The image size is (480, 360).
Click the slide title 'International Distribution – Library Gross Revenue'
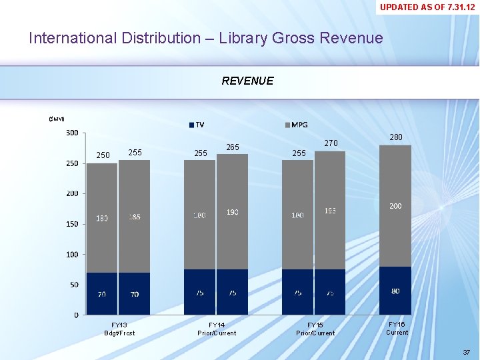(x=205, y=38)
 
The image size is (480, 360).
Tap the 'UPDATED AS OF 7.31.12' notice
(x=427, y=7)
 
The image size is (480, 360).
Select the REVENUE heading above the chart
(x=247, y=81)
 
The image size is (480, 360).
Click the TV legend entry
(x=197, y=125)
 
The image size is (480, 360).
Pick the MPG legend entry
(x=296, y=125)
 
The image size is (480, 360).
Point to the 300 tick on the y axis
(x=71, y=133)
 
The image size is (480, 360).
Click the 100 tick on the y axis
(x=71, y=254)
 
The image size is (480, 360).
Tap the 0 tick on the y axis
(x=75, y=315)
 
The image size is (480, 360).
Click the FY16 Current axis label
(x=397, y=328)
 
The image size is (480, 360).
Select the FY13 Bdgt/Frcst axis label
(x=119, y=329)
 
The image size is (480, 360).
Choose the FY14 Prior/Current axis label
(x=217, y=329)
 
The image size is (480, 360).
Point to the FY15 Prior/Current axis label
(x=315, y=329)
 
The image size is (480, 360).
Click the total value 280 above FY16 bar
(x=396, y=137)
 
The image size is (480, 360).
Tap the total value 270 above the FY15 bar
(x=331, y=143)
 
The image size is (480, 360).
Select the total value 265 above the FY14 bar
(x=233, y=147)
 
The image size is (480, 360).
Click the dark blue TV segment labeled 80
(x=395, y=291)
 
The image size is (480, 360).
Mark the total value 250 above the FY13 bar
(x=103, y=155)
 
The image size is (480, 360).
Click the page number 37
(x=465, y=351)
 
